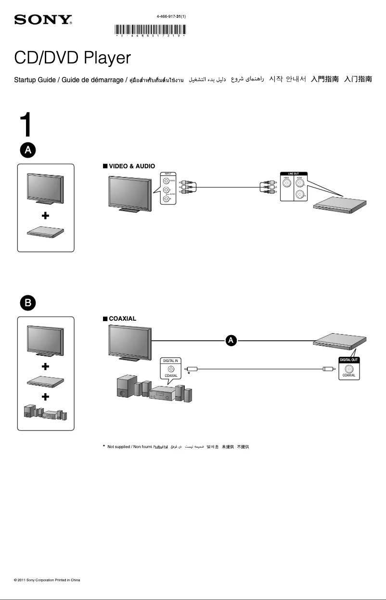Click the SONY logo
[x=43, y=20]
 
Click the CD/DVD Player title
[x=72, y=58]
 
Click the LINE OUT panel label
[x=294, y=173]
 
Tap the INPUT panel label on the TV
[x=168, y=174]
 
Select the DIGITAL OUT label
[x=348, y=360]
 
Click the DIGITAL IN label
[x=170, y=360]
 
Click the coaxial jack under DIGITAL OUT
[x=348, y=368]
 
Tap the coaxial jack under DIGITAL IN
[x=170, y=368]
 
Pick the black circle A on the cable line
[x=231, y=340]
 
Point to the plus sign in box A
[x=46, y=216]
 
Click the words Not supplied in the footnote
[x=119, y=447]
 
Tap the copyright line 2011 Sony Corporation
[x=47, y=580]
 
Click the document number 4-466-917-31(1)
[x=171, y=16]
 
